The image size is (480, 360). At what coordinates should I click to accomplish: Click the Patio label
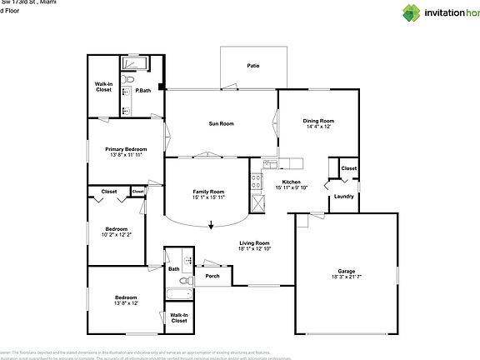(252, 65)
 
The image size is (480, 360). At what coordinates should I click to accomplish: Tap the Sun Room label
(221, 123)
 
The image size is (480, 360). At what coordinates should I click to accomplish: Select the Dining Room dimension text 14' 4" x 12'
(318, 127)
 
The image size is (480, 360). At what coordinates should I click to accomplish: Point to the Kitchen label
(291, 182)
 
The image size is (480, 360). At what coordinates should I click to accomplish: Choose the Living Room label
(255, 242)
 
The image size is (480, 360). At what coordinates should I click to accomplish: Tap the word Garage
(347, 271)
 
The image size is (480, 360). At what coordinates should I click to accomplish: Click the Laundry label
(342, 197)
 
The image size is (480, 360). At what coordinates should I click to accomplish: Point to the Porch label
(212, 276)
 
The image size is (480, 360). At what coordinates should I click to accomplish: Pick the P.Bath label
(143, 90)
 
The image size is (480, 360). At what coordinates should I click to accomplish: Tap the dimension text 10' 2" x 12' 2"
(117, 235)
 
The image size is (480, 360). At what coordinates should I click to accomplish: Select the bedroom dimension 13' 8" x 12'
(126, 303)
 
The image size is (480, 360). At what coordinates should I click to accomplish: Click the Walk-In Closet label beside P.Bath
(104, 87)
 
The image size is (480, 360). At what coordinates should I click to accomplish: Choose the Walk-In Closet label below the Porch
(179, 317)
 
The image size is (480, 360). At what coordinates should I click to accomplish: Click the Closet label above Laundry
(348, 168)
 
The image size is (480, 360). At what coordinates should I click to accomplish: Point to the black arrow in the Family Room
(211, 223)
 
